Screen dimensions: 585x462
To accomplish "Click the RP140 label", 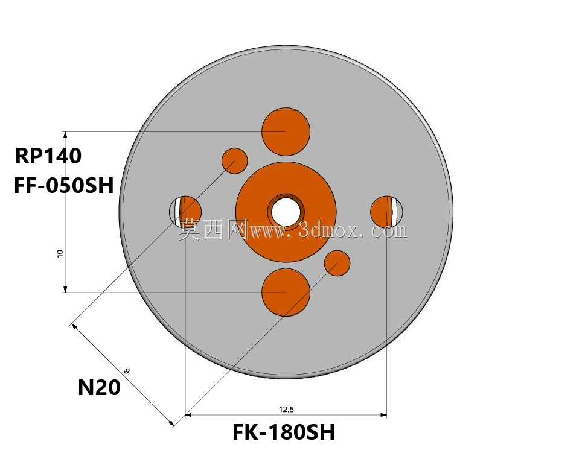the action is point(48,156).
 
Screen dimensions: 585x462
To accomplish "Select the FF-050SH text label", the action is point(64,186).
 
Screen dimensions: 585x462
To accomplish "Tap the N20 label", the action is point(99,388).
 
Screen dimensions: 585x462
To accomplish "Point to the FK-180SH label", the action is point(284,432).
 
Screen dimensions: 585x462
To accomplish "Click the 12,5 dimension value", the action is point(286,410).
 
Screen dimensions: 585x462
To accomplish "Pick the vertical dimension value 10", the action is point(60,254).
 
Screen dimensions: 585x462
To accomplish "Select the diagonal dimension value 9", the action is point(127,371).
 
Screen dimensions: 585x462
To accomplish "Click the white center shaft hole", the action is point(286,212).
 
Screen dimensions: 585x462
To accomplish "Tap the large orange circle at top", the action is point(286,132).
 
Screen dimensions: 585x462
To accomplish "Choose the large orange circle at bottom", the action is point(286,293).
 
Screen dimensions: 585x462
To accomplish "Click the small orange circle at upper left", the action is point(235,161).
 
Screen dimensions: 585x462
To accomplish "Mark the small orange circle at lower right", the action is point(337,263).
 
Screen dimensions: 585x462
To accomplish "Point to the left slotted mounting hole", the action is point(185,212).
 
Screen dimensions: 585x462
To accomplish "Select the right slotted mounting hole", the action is point(386,212).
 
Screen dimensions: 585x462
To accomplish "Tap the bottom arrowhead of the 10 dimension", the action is point(65,289).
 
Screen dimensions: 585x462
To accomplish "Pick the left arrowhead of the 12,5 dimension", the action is point(188,415).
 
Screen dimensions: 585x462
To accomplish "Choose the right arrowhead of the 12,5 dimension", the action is point(383,415).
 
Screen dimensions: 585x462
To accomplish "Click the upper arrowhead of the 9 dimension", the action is point(74,327).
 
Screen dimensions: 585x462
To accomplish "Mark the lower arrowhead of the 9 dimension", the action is point(171,423).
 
